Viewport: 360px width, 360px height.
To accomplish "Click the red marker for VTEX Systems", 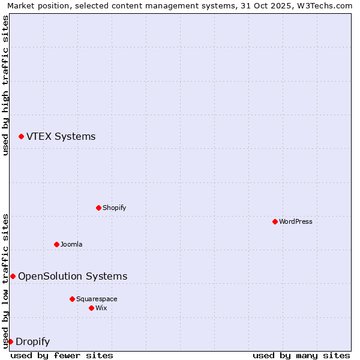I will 21,137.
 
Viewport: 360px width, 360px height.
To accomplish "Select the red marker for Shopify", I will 98,208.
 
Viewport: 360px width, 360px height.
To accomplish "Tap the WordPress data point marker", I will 275,221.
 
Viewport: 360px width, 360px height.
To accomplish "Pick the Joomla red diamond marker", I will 56,244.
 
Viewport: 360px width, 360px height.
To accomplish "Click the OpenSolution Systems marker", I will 13,276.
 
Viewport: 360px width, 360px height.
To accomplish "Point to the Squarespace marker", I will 72,299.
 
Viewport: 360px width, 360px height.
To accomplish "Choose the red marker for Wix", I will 91,308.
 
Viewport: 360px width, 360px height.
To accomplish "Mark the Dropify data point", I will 10,341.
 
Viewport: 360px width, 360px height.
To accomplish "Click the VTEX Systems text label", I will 61,137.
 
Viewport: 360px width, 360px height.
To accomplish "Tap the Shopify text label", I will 114,208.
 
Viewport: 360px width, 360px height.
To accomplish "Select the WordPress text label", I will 295,221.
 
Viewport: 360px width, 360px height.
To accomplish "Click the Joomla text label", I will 71,244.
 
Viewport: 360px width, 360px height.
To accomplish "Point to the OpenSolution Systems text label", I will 73,276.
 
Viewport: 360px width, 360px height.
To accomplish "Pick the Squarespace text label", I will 97,299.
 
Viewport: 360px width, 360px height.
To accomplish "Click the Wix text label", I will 101,308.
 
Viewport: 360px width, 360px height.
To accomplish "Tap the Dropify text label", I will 32,342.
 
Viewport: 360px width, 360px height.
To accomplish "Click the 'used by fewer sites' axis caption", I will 62,355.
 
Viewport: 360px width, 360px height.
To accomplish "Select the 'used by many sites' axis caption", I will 301,355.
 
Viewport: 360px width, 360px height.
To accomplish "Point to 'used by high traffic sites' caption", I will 6,85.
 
